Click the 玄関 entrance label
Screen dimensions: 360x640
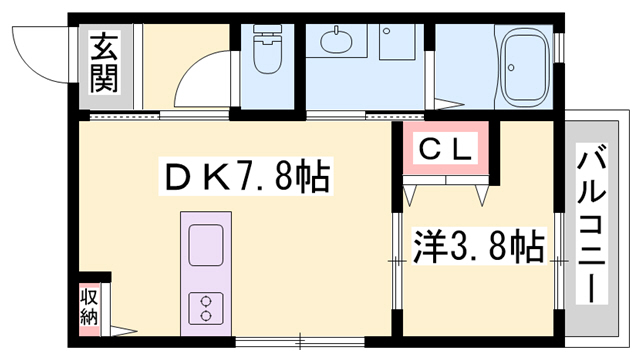click(x=103, y=63)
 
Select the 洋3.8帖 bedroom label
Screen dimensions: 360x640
click(x=478, y=245)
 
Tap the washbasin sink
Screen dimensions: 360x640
click(x=337, y=42)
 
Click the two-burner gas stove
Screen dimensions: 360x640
click(x=207, y=306)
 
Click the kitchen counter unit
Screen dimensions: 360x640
click(x=207, y=271)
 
